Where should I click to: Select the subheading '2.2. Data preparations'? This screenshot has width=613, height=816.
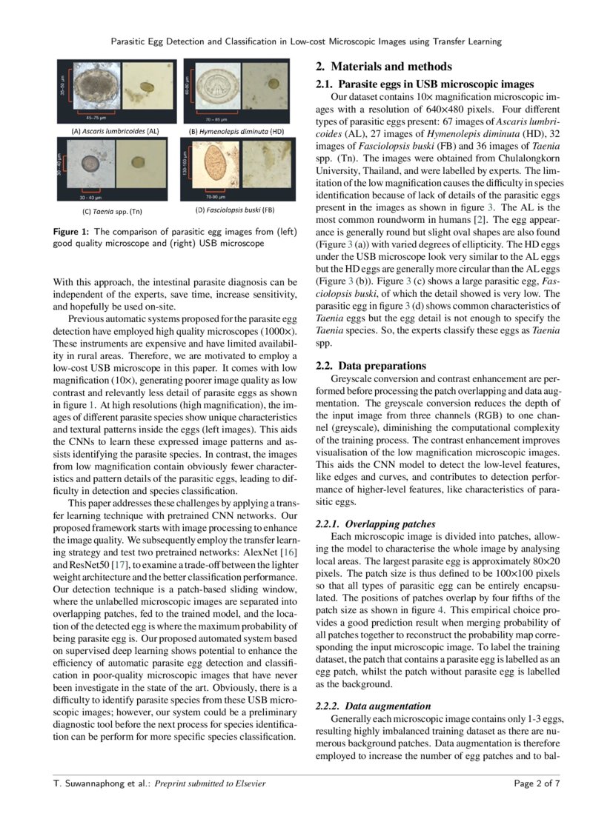372,366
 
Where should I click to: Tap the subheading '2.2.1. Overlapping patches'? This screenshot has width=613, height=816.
375,524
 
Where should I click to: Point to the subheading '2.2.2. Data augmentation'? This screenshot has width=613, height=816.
373,706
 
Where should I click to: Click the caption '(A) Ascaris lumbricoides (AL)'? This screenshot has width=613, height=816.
114,131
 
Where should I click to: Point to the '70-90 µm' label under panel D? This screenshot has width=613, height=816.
215,198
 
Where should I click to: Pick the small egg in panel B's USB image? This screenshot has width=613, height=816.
274,84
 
